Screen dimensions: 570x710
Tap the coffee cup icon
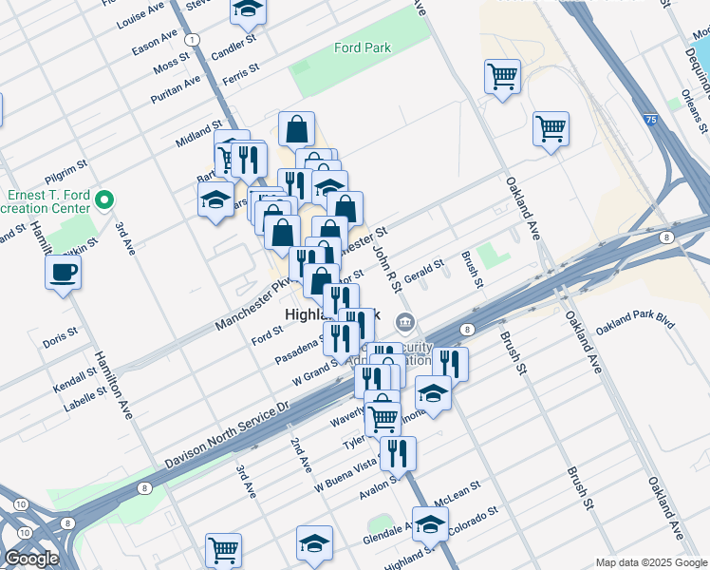[x=64, y=273]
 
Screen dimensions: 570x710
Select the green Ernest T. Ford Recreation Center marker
[x=105, y=200]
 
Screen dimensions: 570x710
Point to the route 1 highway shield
[x=193, y=39]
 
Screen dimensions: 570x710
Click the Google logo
[x=31, y=559]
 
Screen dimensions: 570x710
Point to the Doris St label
[x=60, y=338]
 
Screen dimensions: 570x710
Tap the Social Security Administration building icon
[x=405, y=323]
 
